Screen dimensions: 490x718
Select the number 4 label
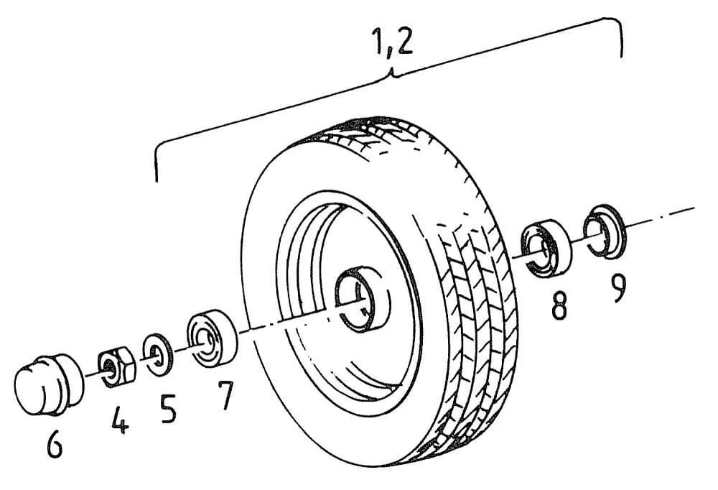(120, 421)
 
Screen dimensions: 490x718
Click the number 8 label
(559, 305)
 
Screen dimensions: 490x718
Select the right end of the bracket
(620, 54)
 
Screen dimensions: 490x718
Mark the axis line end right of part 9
(694, 208)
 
